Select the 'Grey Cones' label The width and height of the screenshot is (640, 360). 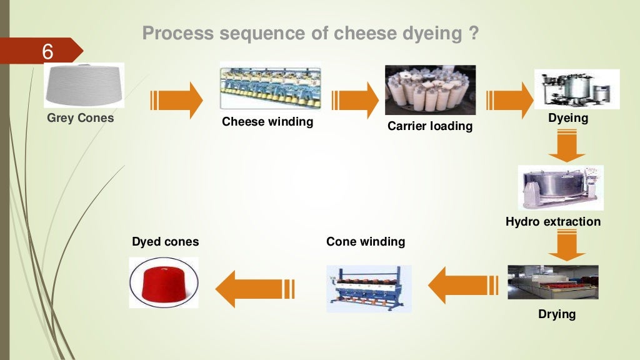tap(81, 117)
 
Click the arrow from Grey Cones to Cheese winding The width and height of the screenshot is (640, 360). tap(176, 100)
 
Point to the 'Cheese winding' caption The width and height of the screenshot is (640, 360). tap(267, 122)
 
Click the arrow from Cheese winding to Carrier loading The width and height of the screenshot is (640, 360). tap(355, 100)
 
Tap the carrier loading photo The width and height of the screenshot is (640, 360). tap(430, 90)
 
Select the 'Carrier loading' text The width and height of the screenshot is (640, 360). tap(430, 126)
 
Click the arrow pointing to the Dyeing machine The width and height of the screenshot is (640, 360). tap(509, 100)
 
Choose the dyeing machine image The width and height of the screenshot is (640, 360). tap(576, 89)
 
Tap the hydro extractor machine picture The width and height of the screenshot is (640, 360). tap(561, 187)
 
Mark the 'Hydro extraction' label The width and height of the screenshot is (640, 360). tap(553, 221)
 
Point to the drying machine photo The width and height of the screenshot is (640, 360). tap(552, 282)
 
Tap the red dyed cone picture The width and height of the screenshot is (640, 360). tap(164, 282)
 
